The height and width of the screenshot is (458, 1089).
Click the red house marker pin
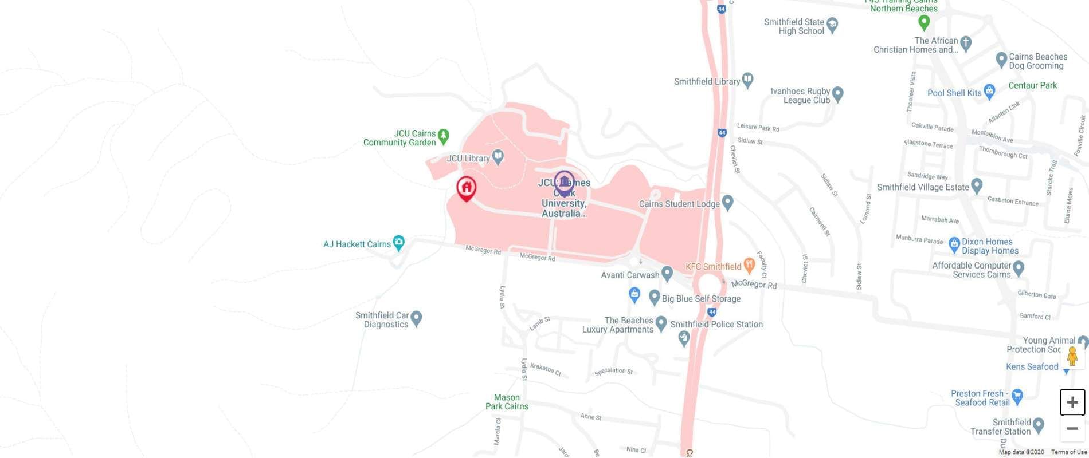pos(466,188)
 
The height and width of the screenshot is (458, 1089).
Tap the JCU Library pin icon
pos(498,157)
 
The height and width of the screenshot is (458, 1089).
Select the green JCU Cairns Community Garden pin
pos(443,136)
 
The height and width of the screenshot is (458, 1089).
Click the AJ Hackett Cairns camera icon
pos(398,242)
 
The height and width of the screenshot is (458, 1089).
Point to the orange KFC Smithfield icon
pos(749,264)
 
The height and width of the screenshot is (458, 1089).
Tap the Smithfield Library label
pos(707,82)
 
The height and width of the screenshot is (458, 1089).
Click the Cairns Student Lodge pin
pos(727,202)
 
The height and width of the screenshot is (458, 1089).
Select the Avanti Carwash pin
pos(667,273)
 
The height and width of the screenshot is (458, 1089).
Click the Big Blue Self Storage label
pos(701,299)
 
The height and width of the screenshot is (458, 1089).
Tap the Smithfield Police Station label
pos(716,325)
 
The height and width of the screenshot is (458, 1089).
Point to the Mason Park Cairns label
pos(507,402)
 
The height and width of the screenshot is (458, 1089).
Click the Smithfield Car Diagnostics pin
pos(417,318)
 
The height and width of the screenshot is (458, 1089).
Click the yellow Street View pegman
pos(1072,357)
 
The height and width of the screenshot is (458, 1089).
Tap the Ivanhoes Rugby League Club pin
pos(837,93)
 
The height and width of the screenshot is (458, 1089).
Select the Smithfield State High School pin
pos(832,25)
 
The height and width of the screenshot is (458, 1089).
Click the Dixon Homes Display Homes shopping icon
pos(954,244)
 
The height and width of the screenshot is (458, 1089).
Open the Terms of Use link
pos(1069,452)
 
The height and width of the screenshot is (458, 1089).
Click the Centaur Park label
pos(1032,86)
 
